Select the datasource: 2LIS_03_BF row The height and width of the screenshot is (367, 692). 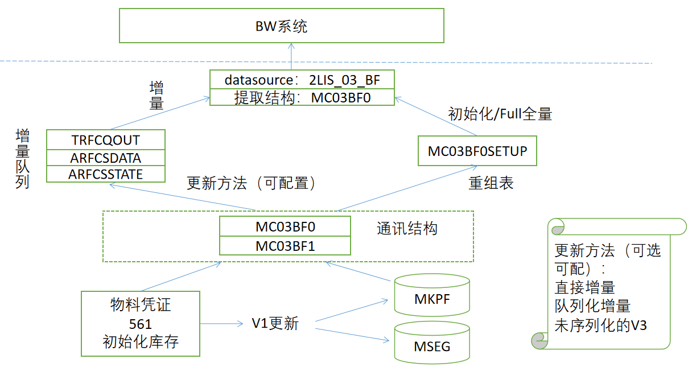[301, 80]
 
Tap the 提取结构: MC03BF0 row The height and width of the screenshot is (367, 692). [301, 97]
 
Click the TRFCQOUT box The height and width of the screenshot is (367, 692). [105, 139]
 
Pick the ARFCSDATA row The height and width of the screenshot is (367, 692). [105, 158]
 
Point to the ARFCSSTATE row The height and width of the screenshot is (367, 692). [105, 174]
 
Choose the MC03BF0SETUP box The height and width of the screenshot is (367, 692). [477, 151]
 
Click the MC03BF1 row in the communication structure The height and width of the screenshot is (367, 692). [285, 246]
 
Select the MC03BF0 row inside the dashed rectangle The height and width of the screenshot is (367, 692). [285, 226]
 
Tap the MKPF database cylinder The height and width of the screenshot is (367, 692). [432, 296]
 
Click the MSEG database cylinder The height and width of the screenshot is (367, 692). [432, 343]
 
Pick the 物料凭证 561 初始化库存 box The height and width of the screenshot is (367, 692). [141, 324]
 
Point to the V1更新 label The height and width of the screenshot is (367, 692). [275, 324]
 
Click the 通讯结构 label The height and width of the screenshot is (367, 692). [407, 229]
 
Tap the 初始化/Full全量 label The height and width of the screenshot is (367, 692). [500, 114]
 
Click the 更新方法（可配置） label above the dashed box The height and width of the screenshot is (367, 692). [251, 183]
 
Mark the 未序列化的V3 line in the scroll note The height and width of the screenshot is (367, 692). [600, 325]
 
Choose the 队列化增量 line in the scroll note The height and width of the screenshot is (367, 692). [592, 306]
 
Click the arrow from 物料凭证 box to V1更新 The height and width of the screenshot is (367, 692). [222, 324]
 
